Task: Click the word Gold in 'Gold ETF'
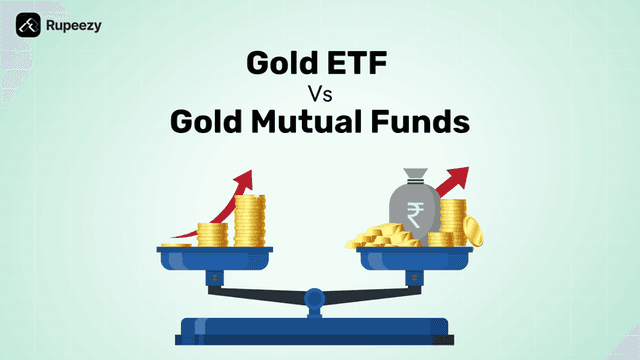tap(282, 67)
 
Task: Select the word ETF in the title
tap(359, 67)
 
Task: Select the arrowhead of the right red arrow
tap(463, 179)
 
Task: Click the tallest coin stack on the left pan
tap(248, 221)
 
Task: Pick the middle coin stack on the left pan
tap(212, 235)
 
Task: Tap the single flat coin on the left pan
tap(177, 244)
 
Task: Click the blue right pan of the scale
tap(415, 257)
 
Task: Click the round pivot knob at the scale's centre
tap(315, 297)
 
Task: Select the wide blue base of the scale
tap(315, 329)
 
